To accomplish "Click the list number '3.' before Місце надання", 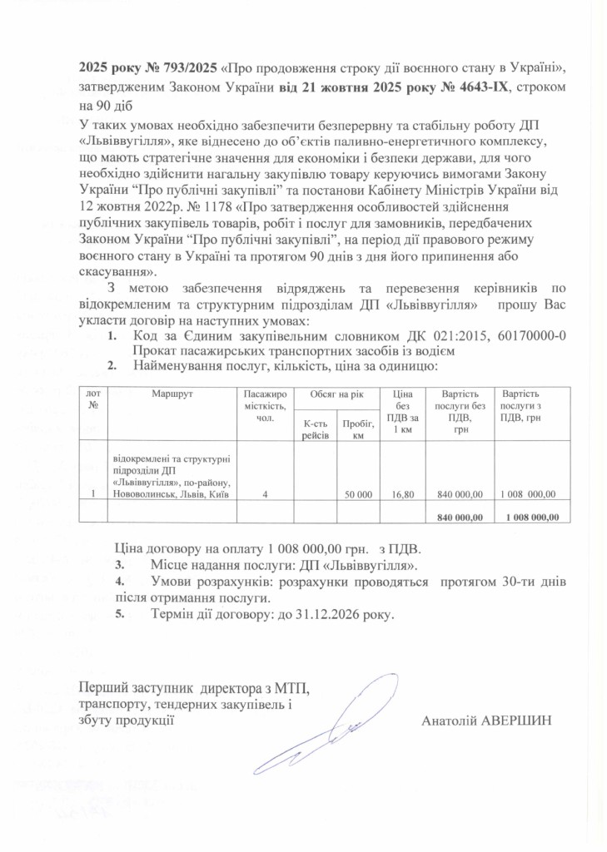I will [119, 566].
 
